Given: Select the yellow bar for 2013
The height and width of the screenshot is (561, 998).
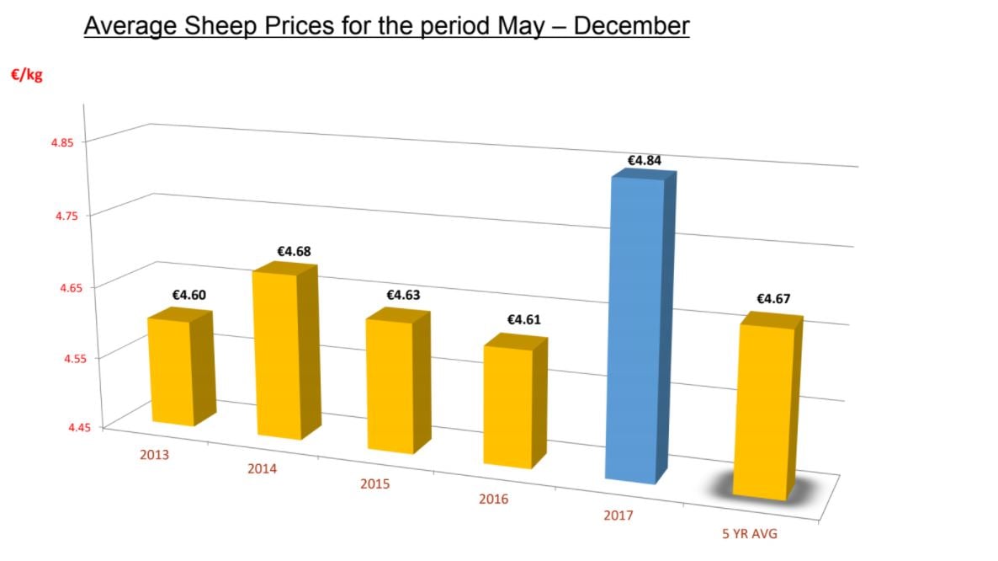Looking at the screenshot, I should pyautogui.click(x=171, y=371).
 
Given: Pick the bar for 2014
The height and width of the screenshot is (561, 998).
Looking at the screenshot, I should pyautogui.click(x=277, y=354).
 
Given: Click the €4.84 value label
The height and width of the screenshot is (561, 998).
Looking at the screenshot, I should pyautogui.click(x=644, y=160).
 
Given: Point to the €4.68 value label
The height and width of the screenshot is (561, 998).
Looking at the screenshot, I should pyautogui.click(x=294, y=251).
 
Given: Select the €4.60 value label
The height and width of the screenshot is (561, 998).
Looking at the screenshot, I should pyautogui.click(x=188, y=296).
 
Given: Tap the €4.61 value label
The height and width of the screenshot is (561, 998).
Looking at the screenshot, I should pyautogui.click(x=523, y=320).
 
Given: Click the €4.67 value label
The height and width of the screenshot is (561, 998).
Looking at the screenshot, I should pyautogui.click(x=773, y=299).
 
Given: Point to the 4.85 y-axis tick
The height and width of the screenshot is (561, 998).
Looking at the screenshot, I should pyautogui.click(x=62, y=142).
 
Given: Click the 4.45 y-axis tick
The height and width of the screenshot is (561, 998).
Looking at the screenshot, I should pyautogui.click(x=62, y=428).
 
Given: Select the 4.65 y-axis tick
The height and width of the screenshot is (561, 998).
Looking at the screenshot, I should pyautogui.click(x=62, y=287).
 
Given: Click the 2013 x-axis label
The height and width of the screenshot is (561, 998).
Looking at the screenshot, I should pyautogui.click(x=155, y=455).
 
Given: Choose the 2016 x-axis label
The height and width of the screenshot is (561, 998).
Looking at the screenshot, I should pyautogui.click(x=494, y=500).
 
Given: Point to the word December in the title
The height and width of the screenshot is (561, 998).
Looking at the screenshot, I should pyautogui.click(x=631, y=26).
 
